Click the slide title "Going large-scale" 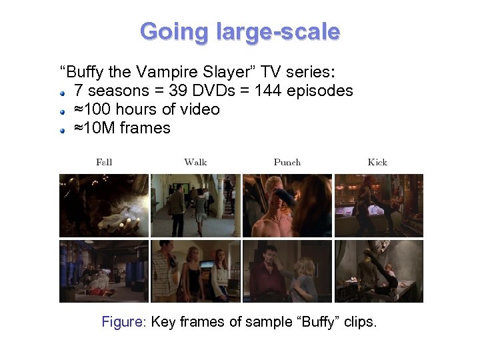[x=240, y=31]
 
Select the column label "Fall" [x=104, y=162]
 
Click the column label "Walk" [x=195, y=162]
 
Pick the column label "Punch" [x=287, y=162]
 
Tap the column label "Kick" [x=377, y=162]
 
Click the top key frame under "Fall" [x=104, y=205]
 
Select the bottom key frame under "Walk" [x=195, y=271]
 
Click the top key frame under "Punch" [x=287, y=205]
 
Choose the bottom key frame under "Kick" [x=378, y=271]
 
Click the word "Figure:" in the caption [x=124, y=322]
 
